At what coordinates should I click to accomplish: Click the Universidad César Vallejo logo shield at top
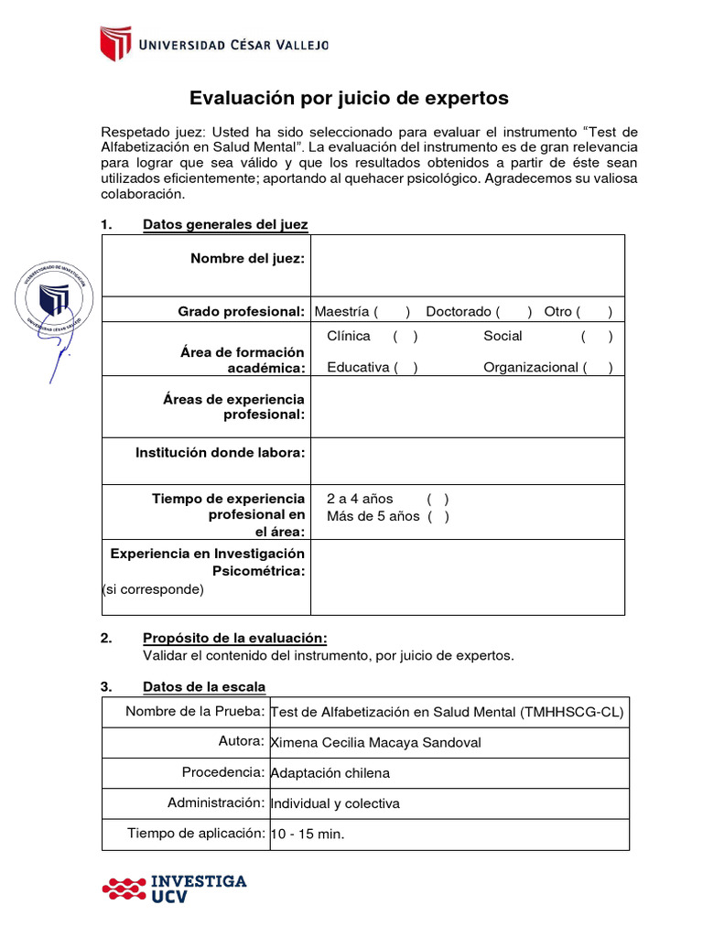point(116,43)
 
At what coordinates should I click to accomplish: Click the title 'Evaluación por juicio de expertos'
point(348,98)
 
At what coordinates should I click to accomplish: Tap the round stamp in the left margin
point(54,300)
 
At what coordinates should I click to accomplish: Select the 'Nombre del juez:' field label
point(247,259)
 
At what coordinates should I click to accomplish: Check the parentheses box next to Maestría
point(392,312)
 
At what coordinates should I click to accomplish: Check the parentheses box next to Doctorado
point(514,312)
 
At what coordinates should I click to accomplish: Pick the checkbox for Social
point(597,337)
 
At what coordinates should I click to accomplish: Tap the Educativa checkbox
point(406,368)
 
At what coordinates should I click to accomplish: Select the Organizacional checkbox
point(598,368)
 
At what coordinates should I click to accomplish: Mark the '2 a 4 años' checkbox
point(438,500)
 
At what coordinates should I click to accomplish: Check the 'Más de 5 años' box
point(438,517)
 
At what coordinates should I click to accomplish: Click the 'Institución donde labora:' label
point(221,452)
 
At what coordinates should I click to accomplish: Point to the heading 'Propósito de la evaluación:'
point(234,639)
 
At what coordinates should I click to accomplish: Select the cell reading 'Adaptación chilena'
point(330,773)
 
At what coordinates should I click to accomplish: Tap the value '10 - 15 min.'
point(308,835)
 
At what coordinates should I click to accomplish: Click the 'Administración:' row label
point(216,803)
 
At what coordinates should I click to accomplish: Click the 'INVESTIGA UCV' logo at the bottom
point(174,889)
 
